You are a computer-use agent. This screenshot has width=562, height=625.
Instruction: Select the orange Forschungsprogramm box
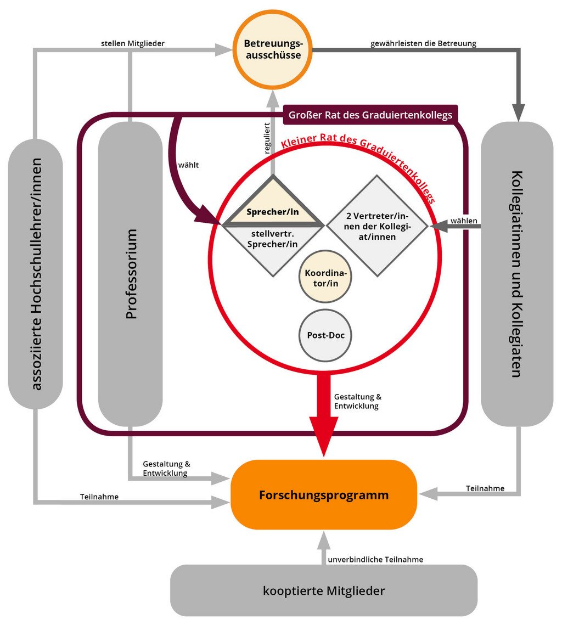coord(323,495)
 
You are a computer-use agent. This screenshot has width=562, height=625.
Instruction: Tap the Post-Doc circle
coord(325,335)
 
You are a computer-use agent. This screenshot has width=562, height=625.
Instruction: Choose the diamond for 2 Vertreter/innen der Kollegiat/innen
coord(376,226)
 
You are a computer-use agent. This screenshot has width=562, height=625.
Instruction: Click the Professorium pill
coord(131,274)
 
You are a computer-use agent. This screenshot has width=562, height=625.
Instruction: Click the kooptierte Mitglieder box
coord(324,591)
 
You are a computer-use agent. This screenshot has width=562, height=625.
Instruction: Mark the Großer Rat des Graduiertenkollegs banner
coord(370,115)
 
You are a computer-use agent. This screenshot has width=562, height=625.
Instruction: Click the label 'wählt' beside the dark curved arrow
coord(188,164)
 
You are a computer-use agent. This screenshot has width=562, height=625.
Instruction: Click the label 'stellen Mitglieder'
coord(133,43)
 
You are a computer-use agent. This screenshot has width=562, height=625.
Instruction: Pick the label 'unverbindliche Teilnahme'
coord(375,560)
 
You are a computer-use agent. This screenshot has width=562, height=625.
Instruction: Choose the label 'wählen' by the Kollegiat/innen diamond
coord(464,221)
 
